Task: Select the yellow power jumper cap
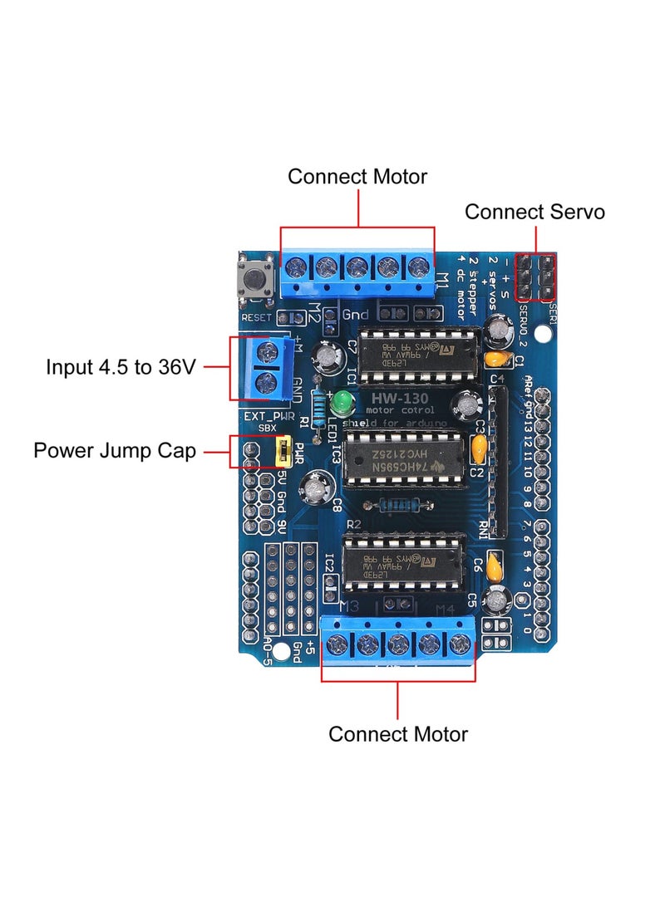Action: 282,453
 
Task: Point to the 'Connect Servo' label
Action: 534,212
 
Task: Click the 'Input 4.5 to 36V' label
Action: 121,366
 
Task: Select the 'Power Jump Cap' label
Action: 115,451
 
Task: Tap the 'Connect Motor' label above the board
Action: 357,177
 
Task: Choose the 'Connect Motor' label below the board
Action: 398,734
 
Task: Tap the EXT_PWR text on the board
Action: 268,415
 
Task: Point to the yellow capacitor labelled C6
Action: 495,566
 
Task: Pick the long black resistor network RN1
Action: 501,461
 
